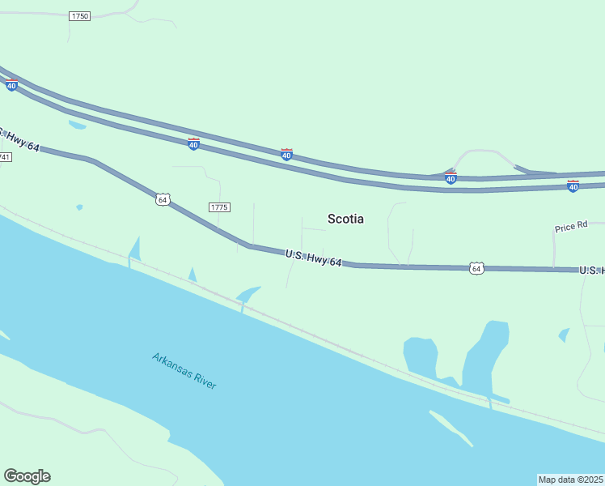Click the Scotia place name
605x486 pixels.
pos(345,219)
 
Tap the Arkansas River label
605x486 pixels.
pos(184,370)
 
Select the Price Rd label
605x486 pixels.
pos(571,228)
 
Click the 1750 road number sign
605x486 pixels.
pos(79,16)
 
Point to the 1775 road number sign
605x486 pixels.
pos(219,207)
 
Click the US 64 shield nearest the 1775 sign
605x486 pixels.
pos(163,199)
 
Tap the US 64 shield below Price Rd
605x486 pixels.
pos(476,268)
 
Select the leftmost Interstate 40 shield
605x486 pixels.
pos(11,84)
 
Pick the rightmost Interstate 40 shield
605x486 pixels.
pos(573,186)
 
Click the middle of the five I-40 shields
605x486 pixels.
pos(286,154)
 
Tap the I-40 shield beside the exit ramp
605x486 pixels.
pos(451,177)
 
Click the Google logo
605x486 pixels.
pos(27,476)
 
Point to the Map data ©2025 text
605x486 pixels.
pos(570,480)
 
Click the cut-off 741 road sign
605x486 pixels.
pos(5,156)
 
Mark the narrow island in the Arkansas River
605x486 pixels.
pos(451,428)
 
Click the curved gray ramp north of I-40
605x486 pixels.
pos(484,152)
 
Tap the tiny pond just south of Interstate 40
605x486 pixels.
pos(77,125)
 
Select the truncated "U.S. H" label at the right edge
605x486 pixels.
pos(591,270)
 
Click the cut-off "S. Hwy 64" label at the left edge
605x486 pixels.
pos(19,139)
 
